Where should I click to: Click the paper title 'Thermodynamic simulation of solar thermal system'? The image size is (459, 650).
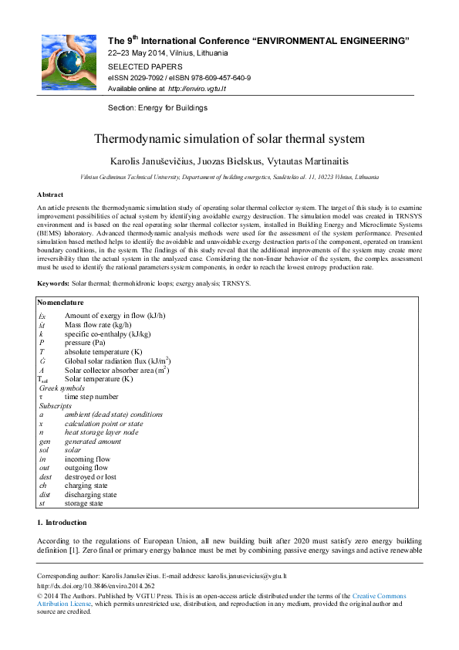coord(229,139)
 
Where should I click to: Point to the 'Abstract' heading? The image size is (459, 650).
coord(50,195)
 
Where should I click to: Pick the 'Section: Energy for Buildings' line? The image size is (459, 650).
coord(157,108)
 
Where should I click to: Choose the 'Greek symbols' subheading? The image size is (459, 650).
coord(62,388)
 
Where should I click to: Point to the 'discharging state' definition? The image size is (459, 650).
coord(91,495)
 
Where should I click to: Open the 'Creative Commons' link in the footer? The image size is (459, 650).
coord(379,596)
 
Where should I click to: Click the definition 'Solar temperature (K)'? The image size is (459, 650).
coord(99,379)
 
